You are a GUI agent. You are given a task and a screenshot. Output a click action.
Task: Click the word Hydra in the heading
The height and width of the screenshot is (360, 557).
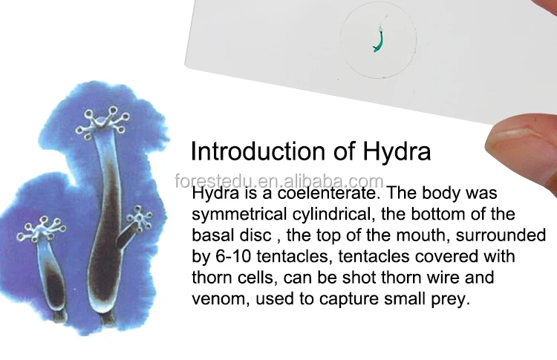point(397,151)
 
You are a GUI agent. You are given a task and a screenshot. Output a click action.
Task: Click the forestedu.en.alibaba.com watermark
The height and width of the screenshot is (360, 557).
point(279,181)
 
